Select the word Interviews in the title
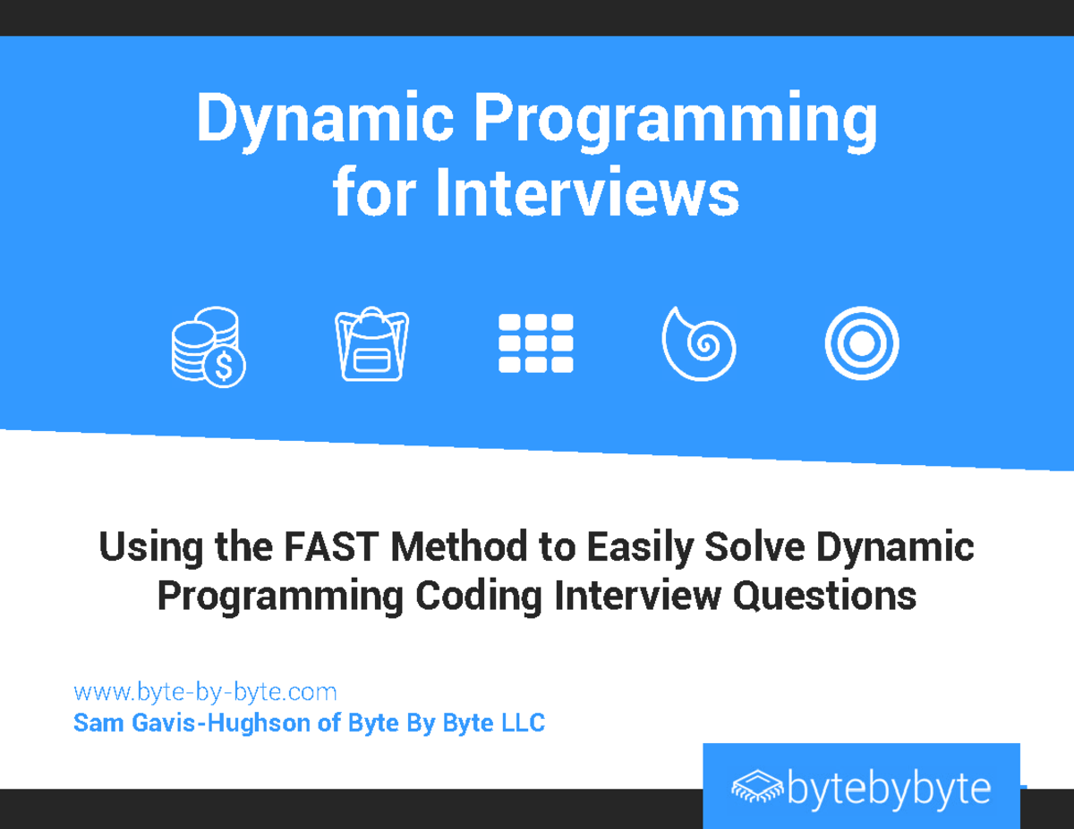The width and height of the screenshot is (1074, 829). (x=587, y=195)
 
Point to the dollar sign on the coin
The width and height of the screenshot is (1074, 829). (x=225, y=366)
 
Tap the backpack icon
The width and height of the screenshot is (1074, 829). (x=371, y=345)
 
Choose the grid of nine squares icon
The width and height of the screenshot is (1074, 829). (x=535, y=343)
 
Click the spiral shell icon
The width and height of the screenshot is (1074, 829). (x=698, y=343)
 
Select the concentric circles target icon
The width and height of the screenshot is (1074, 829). (x=862, y=343)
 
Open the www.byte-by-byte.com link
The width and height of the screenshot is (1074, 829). (x=205, y=691)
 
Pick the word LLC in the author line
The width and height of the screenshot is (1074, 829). (x=523, y=723)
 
